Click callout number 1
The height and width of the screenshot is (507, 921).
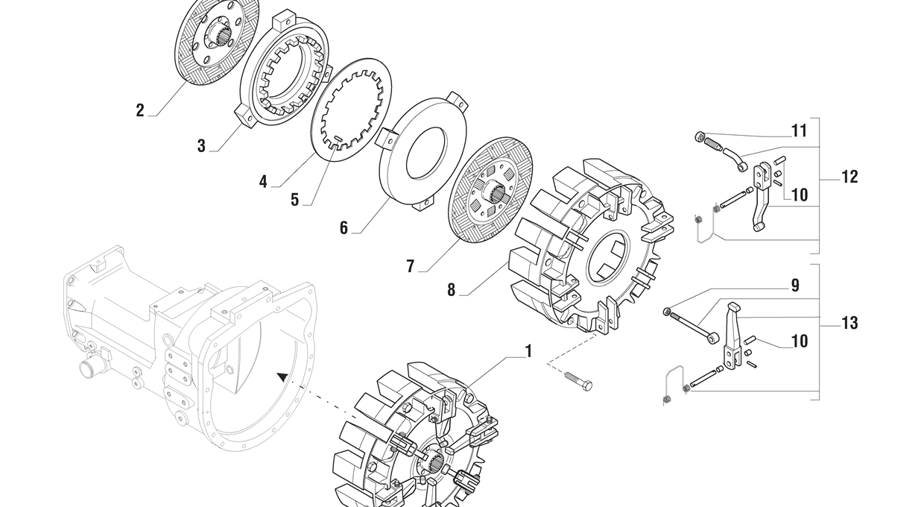coord(528,350)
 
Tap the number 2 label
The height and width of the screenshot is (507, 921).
coord(140,110)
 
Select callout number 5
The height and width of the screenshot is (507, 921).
coord(294,200)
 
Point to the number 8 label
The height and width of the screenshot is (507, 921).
coord(451,290)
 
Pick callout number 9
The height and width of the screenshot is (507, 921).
coord(794,286)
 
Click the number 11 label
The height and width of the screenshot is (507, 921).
coord(799,131)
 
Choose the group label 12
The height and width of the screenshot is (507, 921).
coord(849,177)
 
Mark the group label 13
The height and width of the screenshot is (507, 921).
coord(849,323)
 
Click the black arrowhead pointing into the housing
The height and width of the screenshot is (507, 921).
coord(282,377)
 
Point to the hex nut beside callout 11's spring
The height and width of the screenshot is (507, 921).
coord(699,136)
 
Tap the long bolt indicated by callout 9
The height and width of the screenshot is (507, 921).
coord(691,325)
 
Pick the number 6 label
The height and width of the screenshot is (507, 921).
coord(344,228)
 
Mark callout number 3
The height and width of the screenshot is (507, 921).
coord(201,146)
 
